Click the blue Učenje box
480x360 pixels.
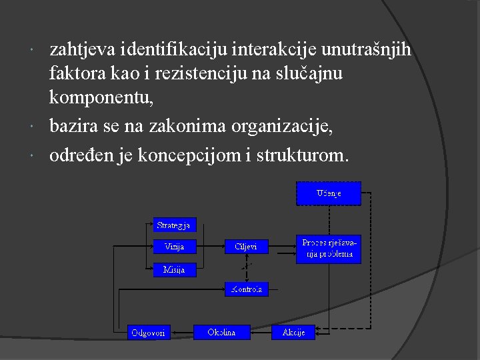pyautogui.click(x=328, y=193)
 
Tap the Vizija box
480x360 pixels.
pyautogui.click(x=175, y=247)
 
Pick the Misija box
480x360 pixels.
pyautogui.click(x=175, y=269)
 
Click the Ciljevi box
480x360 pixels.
pyautogui.click(x=246, y=247)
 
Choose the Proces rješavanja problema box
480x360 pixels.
pyautogui.click(x=328, y=250)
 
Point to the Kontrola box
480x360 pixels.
pyautogui.click(x=246, y=289)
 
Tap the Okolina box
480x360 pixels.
pyautogui.click(x=221, y=331)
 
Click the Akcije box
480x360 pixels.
pyautogui.click(x=293, y=331)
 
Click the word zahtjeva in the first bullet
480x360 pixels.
pyautogui.click(x=83, y=49)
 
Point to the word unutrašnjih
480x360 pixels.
pyautogui.click(x=375, y=49)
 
